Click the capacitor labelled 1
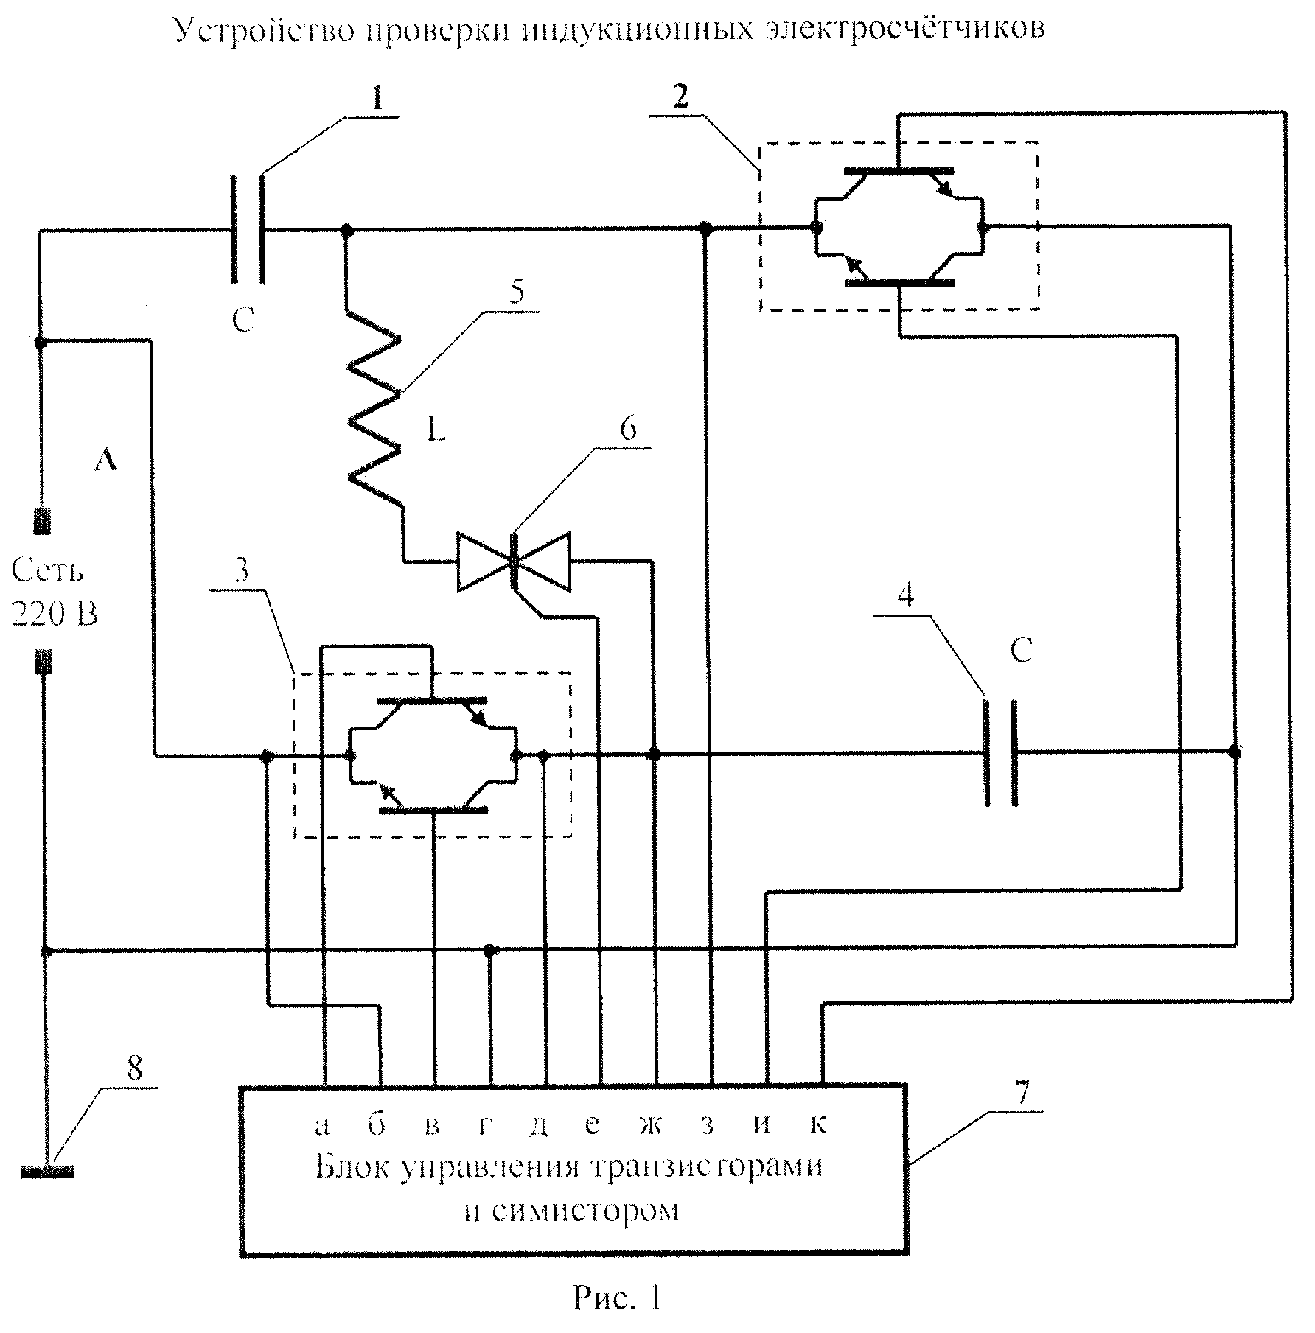click(x=248, y=229)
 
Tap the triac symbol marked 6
click(x=514, y=561)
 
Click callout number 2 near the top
click(x=681, y=98)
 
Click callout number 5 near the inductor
click(x=518, y=293)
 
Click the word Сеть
click(x=47, y=570)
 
